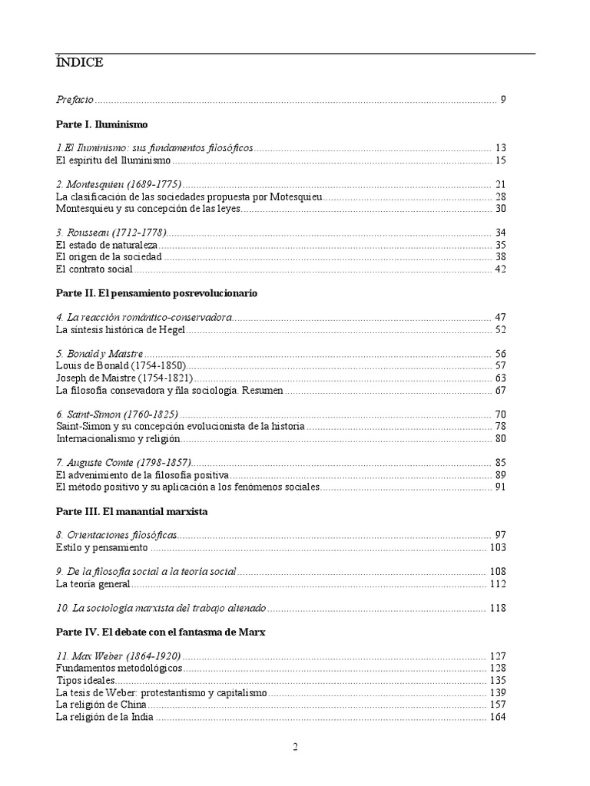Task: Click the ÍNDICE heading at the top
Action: click(x=79, y=62)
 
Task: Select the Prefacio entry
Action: click(x=75, y=99)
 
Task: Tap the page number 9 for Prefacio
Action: click(x=502, y=99)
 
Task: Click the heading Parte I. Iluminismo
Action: click(x=101, y=124)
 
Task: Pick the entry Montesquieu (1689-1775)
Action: click(x=119, y=184)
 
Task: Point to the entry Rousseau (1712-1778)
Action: click(x=111, y=233)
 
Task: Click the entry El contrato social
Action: click(x=94, y=269)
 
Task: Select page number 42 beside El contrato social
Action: click(x=499, y=269)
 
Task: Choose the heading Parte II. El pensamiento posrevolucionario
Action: click(x=157, y=293)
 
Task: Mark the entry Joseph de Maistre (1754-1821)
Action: click(x=124, y=378)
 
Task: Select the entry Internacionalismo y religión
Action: click(x=118, y=439)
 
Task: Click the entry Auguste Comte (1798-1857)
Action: click(x=124, y=463)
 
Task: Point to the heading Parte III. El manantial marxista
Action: click(x=132, y=510)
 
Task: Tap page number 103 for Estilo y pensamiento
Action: click(x=497, y=547)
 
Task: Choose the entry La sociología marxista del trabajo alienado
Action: click(x=161, y=608)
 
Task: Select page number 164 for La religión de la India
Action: click(x=497, y=717)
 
